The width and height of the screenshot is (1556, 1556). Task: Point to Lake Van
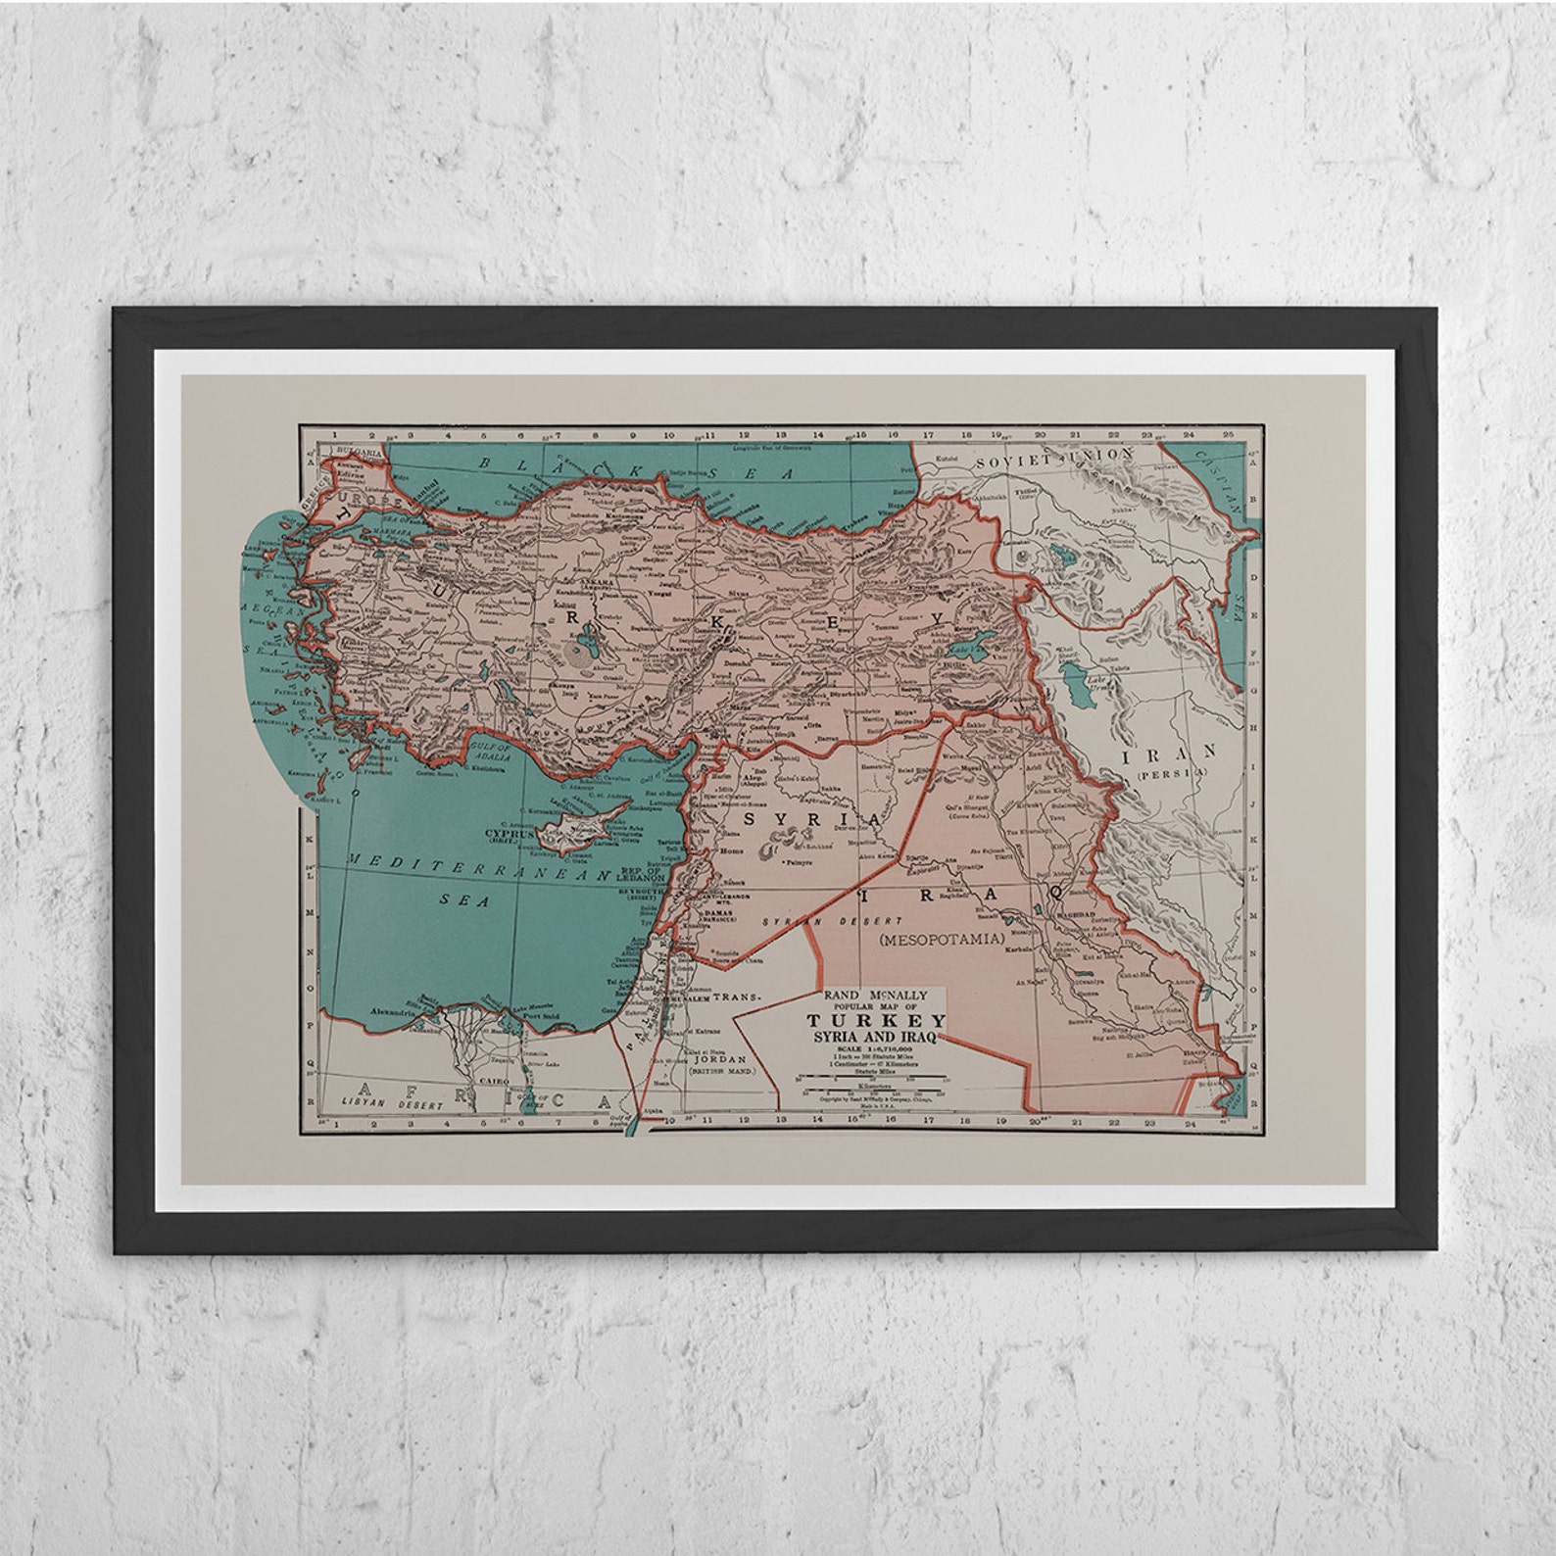(x=968, y=652)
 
